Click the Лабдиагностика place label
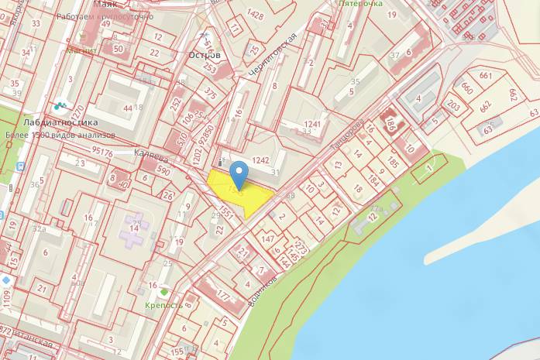60,122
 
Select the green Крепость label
163,305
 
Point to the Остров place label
205,56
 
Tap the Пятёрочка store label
361,4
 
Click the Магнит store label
81,50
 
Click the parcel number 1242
260,160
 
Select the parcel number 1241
311,124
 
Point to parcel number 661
486,76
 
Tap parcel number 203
453,106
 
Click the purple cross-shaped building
135,230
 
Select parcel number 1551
226,211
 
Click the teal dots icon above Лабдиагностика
60,104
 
